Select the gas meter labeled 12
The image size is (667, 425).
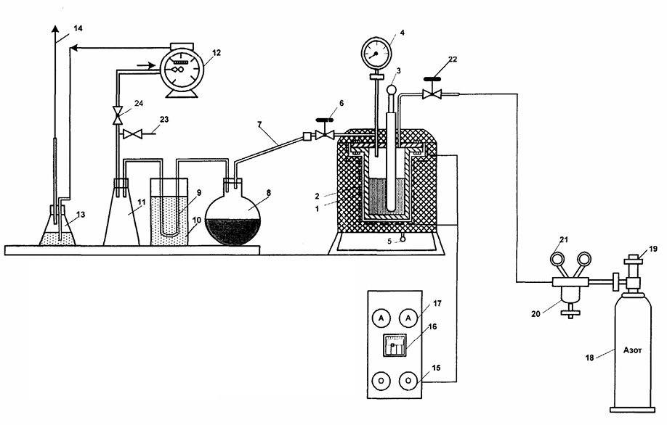point(182,70)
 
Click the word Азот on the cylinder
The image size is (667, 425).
point(633,350)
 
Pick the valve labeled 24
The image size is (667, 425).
point(116,115)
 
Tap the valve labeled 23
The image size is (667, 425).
point(132,135)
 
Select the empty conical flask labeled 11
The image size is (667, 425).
point(121,212)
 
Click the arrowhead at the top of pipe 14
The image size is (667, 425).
point(55,29)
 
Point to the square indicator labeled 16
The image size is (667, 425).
point(395,344)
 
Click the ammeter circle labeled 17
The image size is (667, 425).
point(408,318)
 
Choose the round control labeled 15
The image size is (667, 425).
point(408,381)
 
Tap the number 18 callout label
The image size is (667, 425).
point(589,358)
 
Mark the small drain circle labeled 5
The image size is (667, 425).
point(402,239)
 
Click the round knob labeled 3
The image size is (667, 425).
point(391,90)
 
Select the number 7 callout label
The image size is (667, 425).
point(259,124)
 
